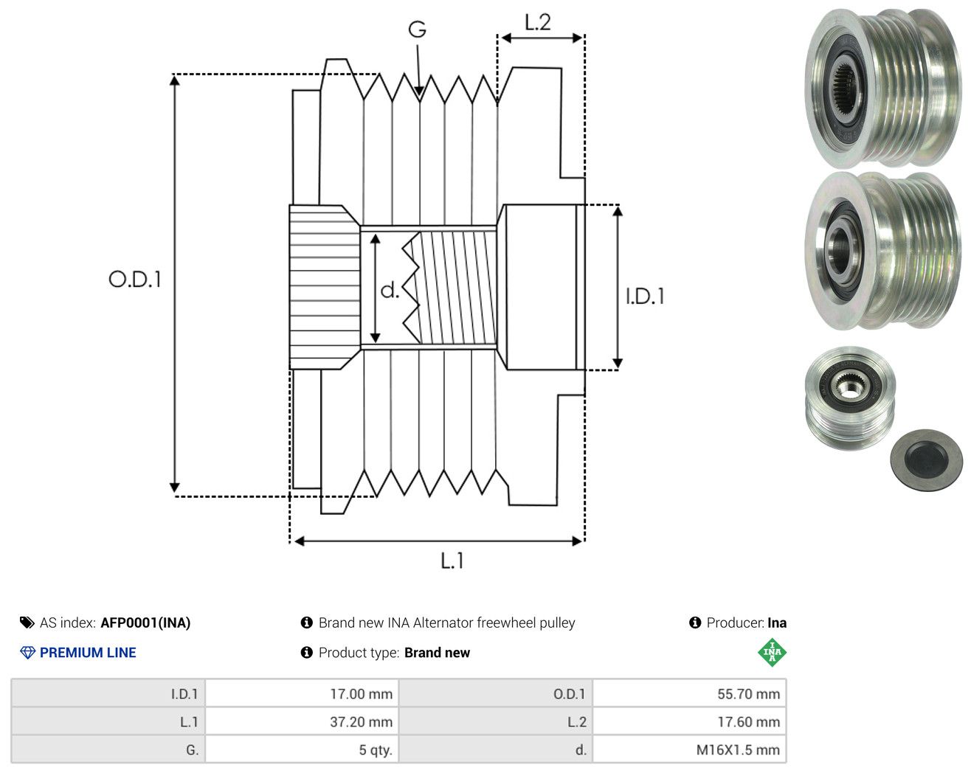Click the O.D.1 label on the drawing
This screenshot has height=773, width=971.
coord(135,279)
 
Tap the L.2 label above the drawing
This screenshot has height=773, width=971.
coord(538,23)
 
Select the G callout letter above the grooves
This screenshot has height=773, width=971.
coord(417,30)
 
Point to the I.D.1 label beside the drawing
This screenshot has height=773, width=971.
coord(645,297)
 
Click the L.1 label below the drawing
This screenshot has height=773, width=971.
coord(452,561)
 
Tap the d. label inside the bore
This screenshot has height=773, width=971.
coord(390,290)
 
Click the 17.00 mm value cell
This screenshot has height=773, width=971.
coord(302,693)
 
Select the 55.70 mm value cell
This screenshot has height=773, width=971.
coord(689,693)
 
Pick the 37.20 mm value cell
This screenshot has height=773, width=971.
coord(302,721)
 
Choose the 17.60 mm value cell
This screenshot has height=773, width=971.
coord(689,721)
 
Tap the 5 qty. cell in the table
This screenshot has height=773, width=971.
coord(302,749)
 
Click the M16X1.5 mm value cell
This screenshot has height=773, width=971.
coord(689,749)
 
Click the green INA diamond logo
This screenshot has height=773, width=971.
coord(772,652)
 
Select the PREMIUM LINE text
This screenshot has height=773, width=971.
coord(88,653)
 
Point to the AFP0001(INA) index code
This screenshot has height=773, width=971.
coord(145,623)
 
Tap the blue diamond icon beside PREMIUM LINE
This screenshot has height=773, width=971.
coord(27,653)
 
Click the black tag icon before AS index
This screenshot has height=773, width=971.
coord(27,623)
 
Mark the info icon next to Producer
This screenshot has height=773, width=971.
coord(695,623)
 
